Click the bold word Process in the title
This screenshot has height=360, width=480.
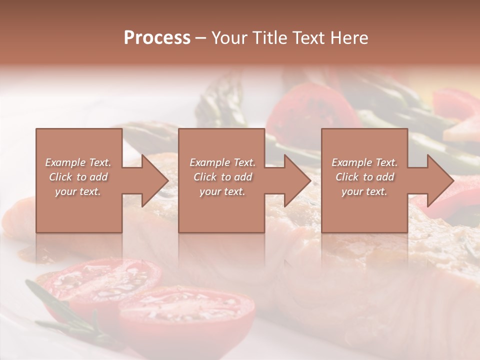157,38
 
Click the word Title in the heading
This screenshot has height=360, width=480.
267,38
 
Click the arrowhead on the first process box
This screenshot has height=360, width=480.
152,180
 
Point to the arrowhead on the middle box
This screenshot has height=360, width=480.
295,180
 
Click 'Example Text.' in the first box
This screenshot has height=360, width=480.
78,162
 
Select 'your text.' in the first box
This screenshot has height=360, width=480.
78,191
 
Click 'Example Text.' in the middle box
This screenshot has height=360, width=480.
222,162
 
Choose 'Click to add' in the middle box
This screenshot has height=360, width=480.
222,177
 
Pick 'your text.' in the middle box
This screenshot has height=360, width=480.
222,191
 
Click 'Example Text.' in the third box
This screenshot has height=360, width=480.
364,162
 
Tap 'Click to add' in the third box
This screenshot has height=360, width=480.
364,177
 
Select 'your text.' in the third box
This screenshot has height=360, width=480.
364,191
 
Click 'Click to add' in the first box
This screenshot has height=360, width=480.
78,177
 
